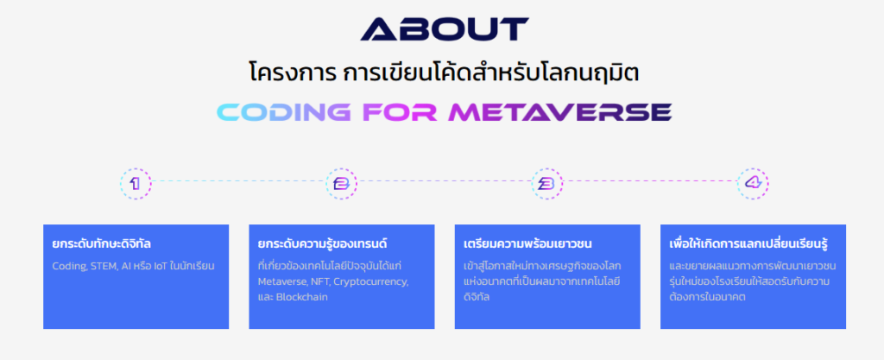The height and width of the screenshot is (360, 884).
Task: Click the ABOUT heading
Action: pos(443,29)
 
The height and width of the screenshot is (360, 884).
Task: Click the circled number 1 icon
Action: pos(136,183)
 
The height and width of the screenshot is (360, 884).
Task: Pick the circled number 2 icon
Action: pos(340,183)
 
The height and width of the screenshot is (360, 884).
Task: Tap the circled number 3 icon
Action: pos(546,183)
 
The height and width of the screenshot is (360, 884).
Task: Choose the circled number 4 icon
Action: pos(752,183)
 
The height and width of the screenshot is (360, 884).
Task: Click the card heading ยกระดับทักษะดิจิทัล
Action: pos(108,243)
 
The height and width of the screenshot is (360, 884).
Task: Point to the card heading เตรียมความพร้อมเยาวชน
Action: pos(527,243)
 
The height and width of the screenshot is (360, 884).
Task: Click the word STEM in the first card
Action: pos(106,265)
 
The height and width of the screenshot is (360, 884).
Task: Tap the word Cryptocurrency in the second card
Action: pos(371,281)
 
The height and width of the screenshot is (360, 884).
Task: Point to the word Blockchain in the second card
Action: pos(302,297)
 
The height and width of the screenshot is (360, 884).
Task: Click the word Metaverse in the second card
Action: pos(282,281)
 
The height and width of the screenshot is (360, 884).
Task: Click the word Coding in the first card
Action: pos(68,265)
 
